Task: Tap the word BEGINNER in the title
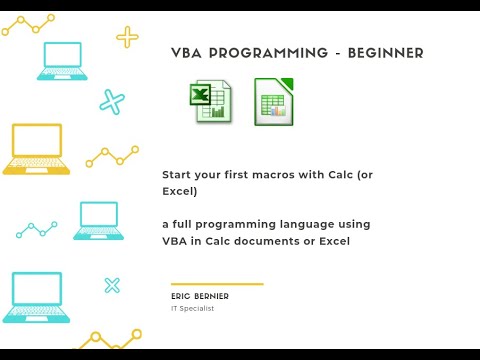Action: coord(384,53)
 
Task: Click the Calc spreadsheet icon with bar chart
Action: coord(273,101)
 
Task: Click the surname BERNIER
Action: coord(212,297)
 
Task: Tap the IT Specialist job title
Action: coord(192,308)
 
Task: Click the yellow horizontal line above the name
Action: coord(216,284)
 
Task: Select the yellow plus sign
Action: coord(128,38)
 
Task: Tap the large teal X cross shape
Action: coord(112,101)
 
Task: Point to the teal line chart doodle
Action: coord(36,230)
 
